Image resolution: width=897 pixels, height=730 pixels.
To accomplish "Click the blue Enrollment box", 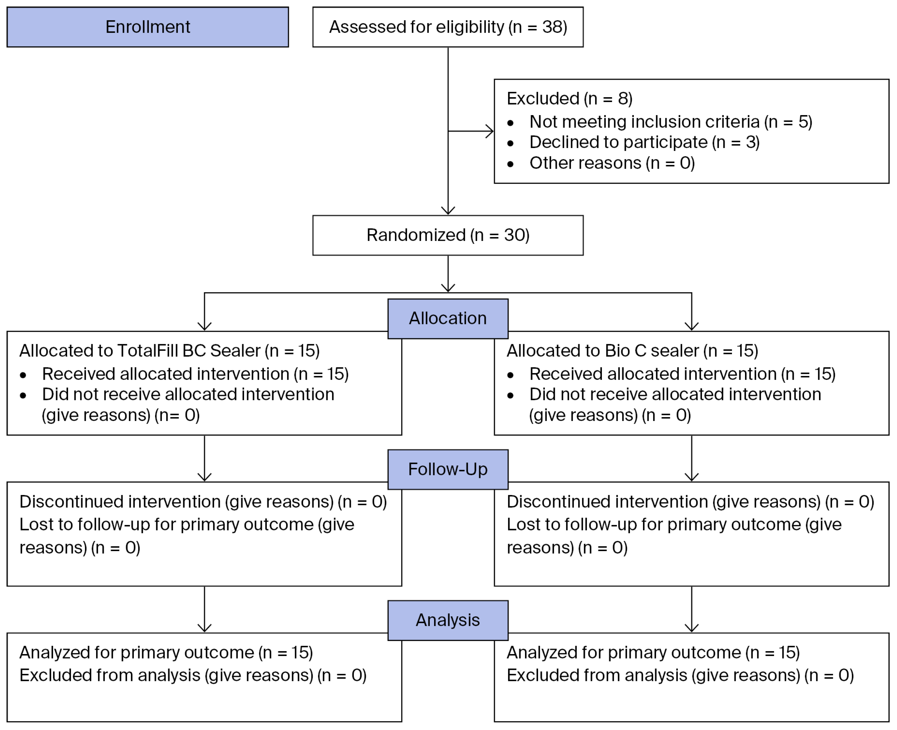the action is [x=148, y=27].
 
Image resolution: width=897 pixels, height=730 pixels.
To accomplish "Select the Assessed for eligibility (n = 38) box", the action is [x=448, y=27].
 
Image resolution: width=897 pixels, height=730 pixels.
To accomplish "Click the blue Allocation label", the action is [x=448, y=319].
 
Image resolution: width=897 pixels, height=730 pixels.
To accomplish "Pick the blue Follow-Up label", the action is [x=448, y=469].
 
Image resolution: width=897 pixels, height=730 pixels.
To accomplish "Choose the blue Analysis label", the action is [x=448, y=620].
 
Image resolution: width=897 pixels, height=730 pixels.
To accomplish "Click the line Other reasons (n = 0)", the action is [x=612, y=163].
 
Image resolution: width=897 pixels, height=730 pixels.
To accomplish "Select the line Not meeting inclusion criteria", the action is [x=644, y=122].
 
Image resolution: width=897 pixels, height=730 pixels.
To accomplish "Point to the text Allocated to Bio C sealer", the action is [x=603, y=351].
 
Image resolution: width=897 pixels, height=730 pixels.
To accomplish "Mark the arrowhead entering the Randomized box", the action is [x=448, y=211].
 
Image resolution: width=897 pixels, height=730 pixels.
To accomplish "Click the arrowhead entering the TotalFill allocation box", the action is [x=204, y=326].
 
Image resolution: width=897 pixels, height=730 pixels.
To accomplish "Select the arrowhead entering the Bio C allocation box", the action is [x=691, y=326].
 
